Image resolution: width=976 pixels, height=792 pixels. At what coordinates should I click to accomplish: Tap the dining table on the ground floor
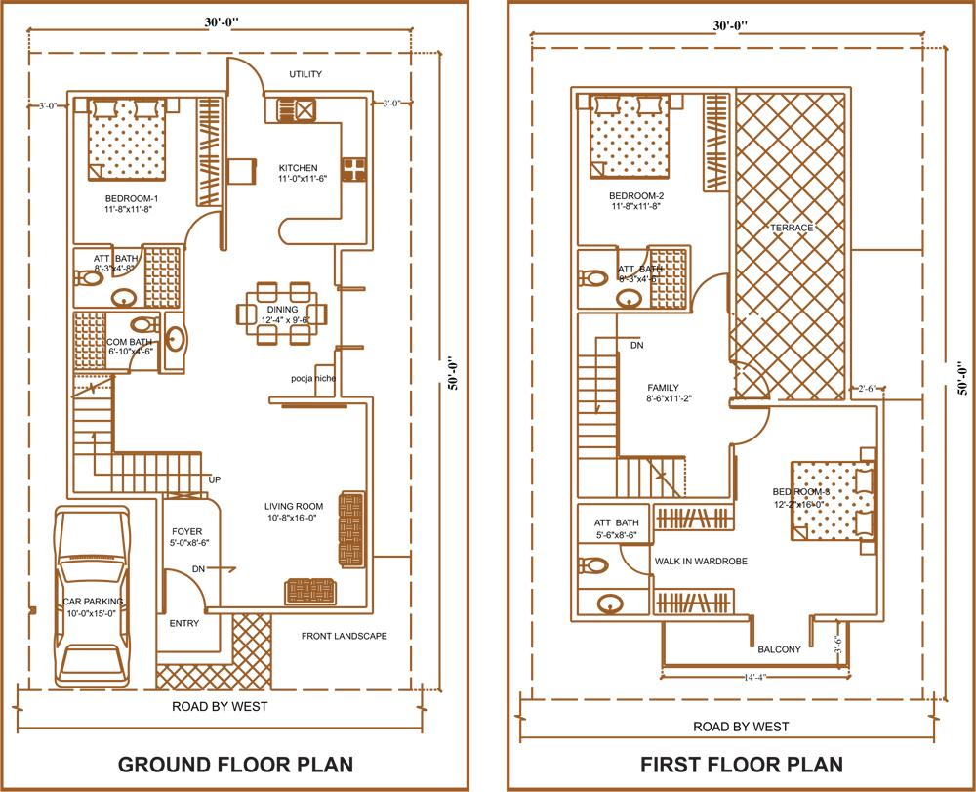282,313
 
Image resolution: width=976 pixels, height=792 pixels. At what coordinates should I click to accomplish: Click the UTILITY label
305,75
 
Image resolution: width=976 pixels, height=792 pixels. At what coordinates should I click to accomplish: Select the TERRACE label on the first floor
792,228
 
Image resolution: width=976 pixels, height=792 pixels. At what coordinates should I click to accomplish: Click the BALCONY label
779,649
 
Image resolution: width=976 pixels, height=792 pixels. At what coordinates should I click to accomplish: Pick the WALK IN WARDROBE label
701,562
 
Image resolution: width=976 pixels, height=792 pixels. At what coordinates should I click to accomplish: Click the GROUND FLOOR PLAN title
235,764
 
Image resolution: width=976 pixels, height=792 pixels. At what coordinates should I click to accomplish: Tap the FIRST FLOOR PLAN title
741,764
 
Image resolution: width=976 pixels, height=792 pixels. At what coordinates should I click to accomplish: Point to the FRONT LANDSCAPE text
344,636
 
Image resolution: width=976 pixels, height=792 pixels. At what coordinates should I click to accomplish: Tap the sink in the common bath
176,339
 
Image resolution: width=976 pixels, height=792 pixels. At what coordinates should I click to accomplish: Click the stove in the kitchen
352,169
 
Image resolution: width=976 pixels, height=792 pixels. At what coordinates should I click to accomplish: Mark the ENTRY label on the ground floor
184,623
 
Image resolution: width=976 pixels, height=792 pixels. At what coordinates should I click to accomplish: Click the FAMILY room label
663,388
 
